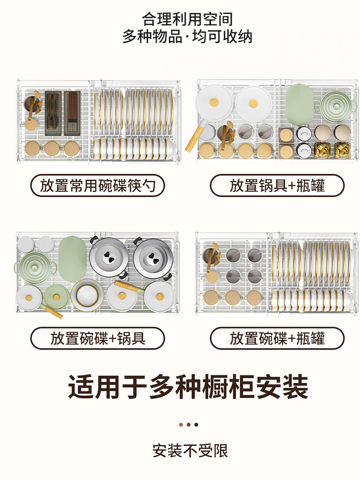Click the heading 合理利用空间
(x=187, y=19)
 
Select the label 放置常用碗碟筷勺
(x=97, y=185)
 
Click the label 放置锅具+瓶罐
(x=277, y=185)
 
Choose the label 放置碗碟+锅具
(x=97, y=338)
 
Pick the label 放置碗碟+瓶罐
(x=277, y=338)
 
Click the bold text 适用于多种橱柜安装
(x=188, y=386)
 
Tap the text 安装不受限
(x=190, y=451)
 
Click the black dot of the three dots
(x=196, y=425)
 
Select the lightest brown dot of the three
(x=181, y=425)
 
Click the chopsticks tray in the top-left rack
(x=72, y=113)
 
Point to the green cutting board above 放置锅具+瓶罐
(x=299, y=105)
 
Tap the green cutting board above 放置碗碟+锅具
(x=72, y=259)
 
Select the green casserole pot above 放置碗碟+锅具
(x=35, y=267)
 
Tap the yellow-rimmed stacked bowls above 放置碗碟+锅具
(x=87, y=295)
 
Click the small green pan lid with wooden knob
(x=57, y=297)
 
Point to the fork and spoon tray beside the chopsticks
(x=53, y=113)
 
